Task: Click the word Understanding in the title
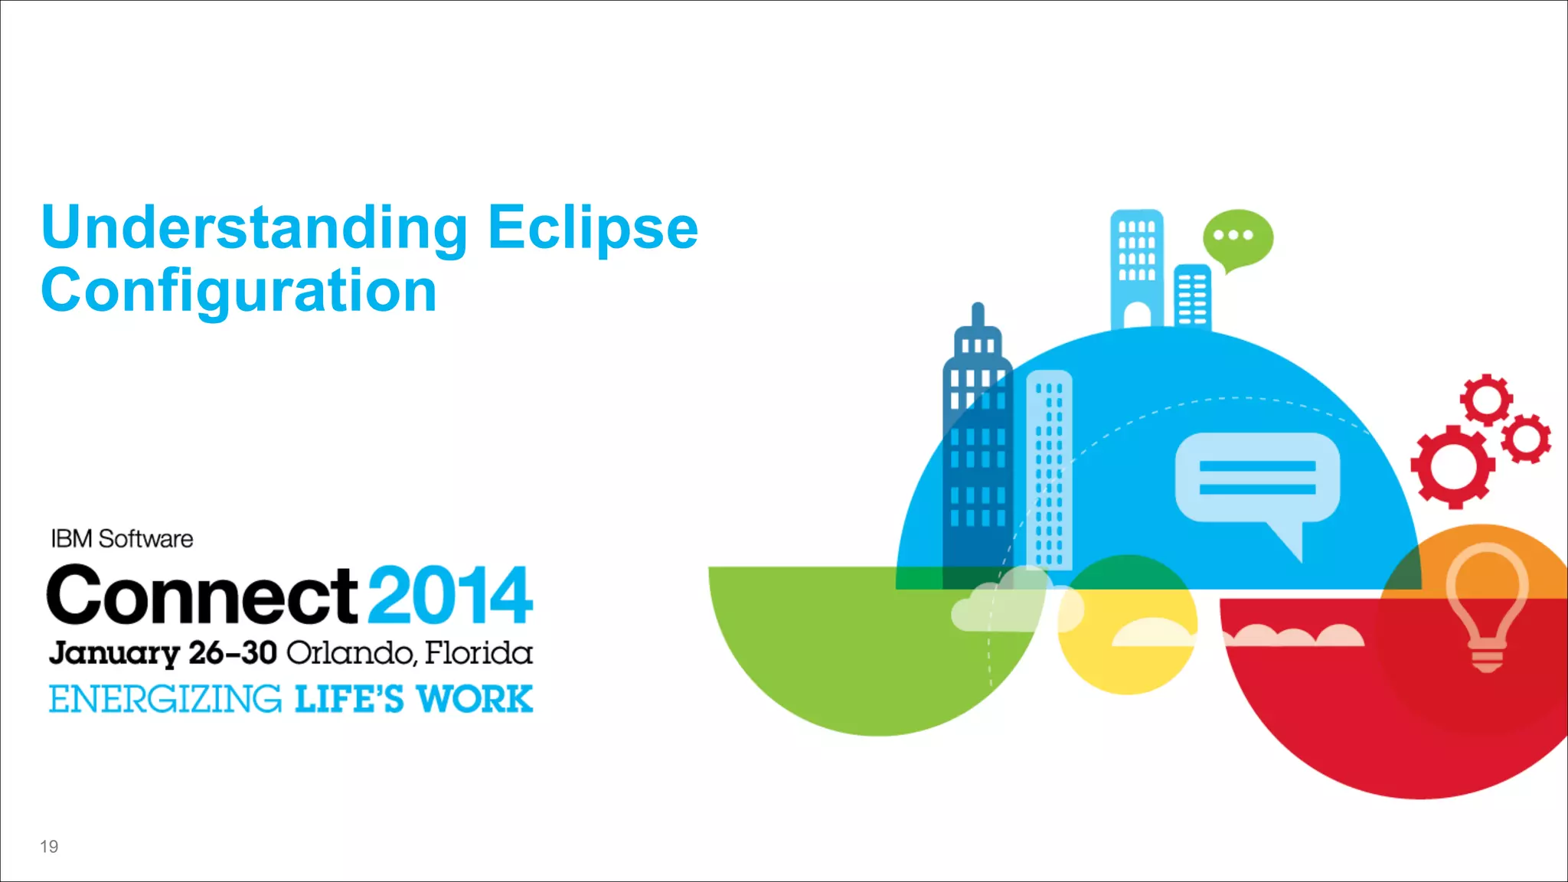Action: coord(254,228)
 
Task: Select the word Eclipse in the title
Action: coord(593,228)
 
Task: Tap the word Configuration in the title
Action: coord(239,291)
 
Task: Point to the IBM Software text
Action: coord(122,539)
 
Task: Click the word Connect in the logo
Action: coord(201,595)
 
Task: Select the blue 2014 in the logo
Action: coord(450,595)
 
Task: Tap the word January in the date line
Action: coord(114,653)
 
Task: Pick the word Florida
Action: coord(479,653)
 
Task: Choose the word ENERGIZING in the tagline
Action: coord(165,700)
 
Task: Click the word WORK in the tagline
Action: coord(475,700)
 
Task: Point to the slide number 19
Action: coord(49,846)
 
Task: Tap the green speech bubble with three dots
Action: coord(1237,238)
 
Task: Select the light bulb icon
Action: coord(1487,605)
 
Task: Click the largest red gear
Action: coord(1452,465)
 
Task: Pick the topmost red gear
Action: coord(1486,399)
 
